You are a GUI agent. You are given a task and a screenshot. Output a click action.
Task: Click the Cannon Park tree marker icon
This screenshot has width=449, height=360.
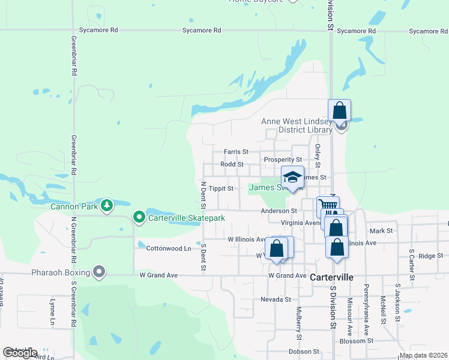pyautogui.click(x=107, y=206)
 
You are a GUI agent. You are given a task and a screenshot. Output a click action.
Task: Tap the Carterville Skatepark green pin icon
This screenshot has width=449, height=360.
pyautogui.click(x=139, y=217)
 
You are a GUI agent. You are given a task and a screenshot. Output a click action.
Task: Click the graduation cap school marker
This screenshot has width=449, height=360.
pyautogui.click(x=292, y=177)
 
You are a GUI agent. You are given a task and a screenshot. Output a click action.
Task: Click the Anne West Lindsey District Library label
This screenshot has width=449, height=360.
pyautogui.click(x=297, y=125)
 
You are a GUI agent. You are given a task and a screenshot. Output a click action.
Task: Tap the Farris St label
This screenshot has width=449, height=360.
pyautogui.click(x=236, y=152)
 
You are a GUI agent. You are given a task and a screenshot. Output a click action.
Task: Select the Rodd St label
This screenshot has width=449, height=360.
pyautogui.click(x=232, y=164)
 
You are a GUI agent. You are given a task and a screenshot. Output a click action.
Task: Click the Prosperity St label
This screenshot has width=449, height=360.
pyautogui.click(x=283, y=160)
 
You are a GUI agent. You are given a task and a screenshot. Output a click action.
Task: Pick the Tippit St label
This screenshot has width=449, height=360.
pyautogui.click(x=221, y=188)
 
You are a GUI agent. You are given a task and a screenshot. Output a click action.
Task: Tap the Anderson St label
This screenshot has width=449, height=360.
pyautogui.click(x=279, y=211)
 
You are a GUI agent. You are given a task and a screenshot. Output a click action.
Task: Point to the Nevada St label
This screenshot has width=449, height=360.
pyautogui.click(x=276, y=299)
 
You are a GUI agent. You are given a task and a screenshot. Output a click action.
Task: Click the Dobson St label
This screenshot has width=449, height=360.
pyautogui.click(x=303, y=352)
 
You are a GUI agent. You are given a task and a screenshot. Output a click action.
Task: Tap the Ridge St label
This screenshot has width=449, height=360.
pyautogui.click(x=430, y=256)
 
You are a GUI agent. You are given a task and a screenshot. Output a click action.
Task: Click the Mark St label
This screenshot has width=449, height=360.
pyautogui.click(x=381, y=230)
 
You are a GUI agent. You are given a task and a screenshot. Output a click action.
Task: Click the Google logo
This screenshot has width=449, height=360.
pyautogui.click(x=20, y=353)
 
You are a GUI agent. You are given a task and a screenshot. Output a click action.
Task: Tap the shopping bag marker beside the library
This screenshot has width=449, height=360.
pyautogui.click(x=340, y=110)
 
